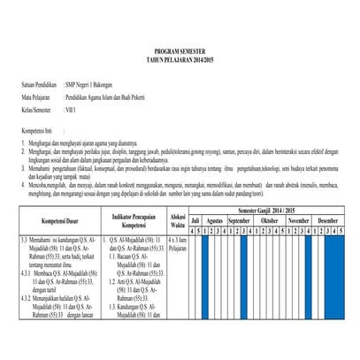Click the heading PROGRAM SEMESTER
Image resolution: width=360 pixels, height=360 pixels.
point(180,53)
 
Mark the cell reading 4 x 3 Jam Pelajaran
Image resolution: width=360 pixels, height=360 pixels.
point(178,243)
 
